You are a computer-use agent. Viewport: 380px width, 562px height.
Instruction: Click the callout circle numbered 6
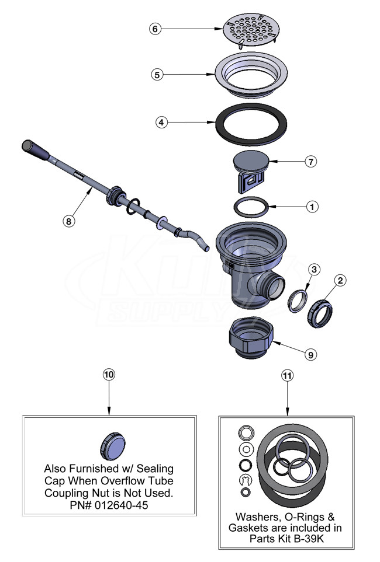[155, 29]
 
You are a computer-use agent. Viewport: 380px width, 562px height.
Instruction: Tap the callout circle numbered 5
[157, 75]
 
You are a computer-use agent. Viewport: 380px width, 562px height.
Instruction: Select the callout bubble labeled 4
[161, 122]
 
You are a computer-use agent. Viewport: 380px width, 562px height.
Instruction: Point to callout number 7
[311, 162]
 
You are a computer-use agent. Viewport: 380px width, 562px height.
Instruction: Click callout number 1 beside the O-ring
[312, 207]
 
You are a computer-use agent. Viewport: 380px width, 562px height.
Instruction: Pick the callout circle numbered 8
[68, 221]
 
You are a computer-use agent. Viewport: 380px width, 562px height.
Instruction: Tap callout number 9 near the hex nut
[310, 355]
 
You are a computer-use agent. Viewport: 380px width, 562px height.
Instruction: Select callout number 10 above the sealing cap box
[109, 375]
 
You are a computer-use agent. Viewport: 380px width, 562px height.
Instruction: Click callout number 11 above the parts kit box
[287, 375]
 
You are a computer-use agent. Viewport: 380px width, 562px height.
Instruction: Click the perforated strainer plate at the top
[251, 31]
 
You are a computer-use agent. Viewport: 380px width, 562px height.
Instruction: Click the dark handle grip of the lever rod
[35, 151]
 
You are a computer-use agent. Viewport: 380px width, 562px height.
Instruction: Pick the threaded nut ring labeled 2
[320, 314]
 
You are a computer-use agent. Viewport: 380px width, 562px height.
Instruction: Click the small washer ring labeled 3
[298, 302]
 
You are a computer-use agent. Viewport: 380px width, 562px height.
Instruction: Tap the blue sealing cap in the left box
[113, 446]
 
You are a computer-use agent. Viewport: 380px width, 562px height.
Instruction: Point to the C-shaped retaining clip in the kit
[246, 480]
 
